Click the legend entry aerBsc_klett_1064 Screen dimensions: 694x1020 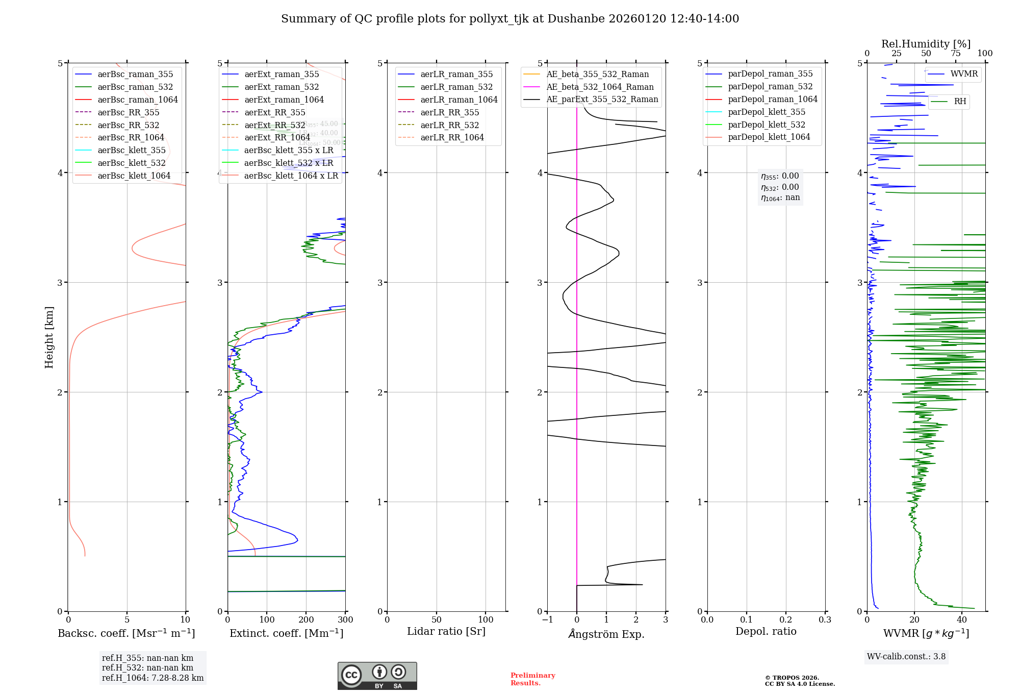pos(134,176)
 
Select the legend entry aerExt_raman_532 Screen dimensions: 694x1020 pos(282,87)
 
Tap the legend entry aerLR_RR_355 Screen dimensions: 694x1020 pos(449,112)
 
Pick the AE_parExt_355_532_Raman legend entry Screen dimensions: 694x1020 pos(602,99)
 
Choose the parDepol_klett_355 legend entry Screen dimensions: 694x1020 pos(767,112)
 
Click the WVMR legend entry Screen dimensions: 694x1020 pos(964,74)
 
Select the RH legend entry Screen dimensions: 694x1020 pos(960,102)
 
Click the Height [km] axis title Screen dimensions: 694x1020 pos(49,337)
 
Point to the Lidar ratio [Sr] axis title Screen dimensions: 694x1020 pos(446,631)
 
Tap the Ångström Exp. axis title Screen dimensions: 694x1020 pos(606,634)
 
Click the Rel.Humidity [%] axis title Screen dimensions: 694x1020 pos(926,44)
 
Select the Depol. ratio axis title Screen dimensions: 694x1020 pos(766,631)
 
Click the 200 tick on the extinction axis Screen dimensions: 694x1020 pos(306,619)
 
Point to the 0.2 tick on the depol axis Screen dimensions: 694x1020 pos(786,619)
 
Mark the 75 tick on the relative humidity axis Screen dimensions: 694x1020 pos(956,54)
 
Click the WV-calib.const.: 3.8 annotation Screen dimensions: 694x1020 pos(906,656)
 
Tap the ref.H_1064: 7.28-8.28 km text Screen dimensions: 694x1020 pos(152,678)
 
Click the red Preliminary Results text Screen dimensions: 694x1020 pos(532,679)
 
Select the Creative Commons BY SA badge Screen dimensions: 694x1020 pos(377,676)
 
